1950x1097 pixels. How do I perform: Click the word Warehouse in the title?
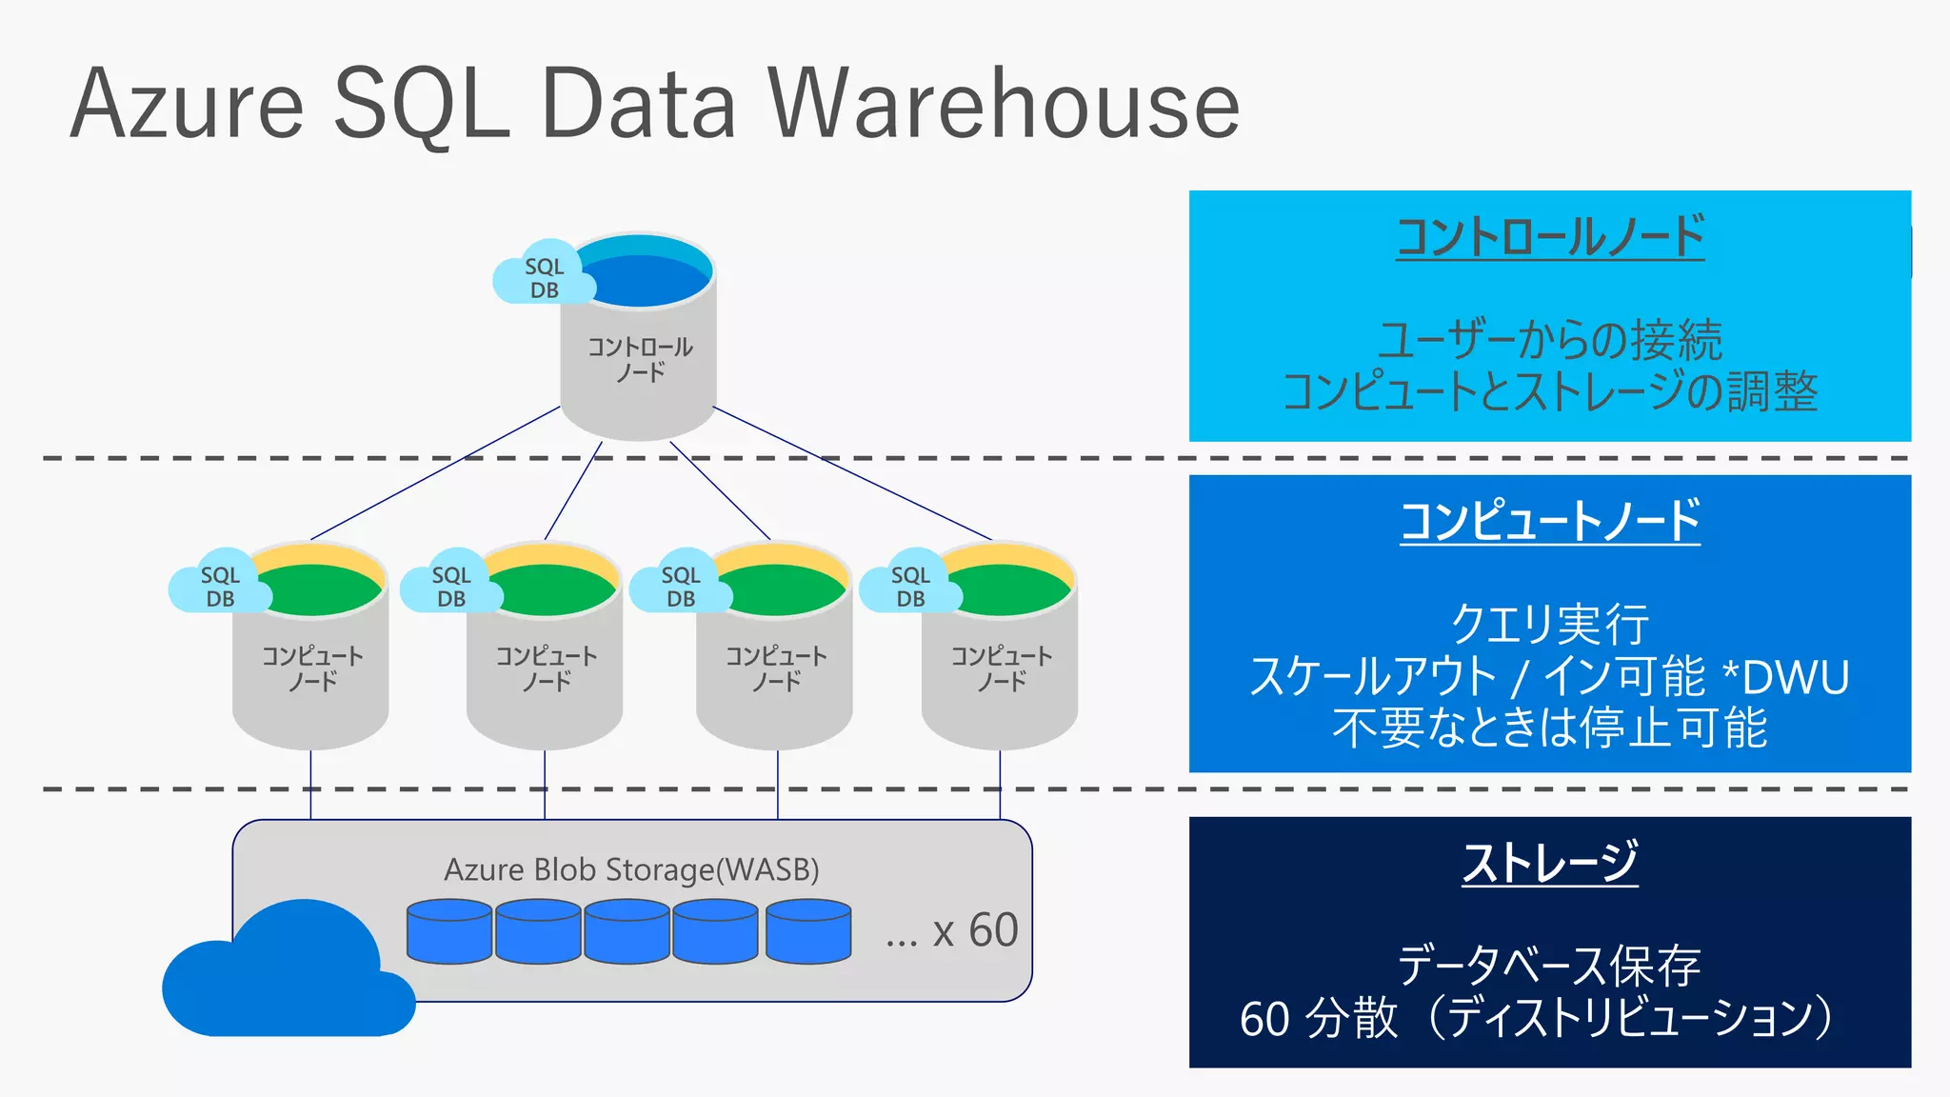[1004, 105]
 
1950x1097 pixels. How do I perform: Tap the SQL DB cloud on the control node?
[543, 277]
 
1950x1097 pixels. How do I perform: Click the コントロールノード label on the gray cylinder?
[639, 359]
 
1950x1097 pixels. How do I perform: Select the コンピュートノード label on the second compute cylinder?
[546, 668]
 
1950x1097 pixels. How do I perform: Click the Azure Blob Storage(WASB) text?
[631, 869]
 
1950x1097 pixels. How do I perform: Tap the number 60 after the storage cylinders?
[993, 930]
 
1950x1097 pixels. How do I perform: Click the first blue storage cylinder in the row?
[449, 932]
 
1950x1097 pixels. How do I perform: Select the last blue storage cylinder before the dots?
[808, 932]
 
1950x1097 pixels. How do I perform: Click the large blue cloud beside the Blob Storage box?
[286, 976]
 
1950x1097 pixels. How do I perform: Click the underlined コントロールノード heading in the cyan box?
[1549, 237]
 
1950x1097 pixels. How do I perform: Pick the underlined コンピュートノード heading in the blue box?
[1549, 521]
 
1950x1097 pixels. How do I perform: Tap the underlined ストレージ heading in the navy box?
[1549, 863]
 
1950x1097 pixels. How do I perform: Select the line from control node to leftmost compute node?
[434, 473]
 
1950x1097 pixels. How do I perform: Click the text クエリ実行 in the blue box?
[1549, 625]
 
